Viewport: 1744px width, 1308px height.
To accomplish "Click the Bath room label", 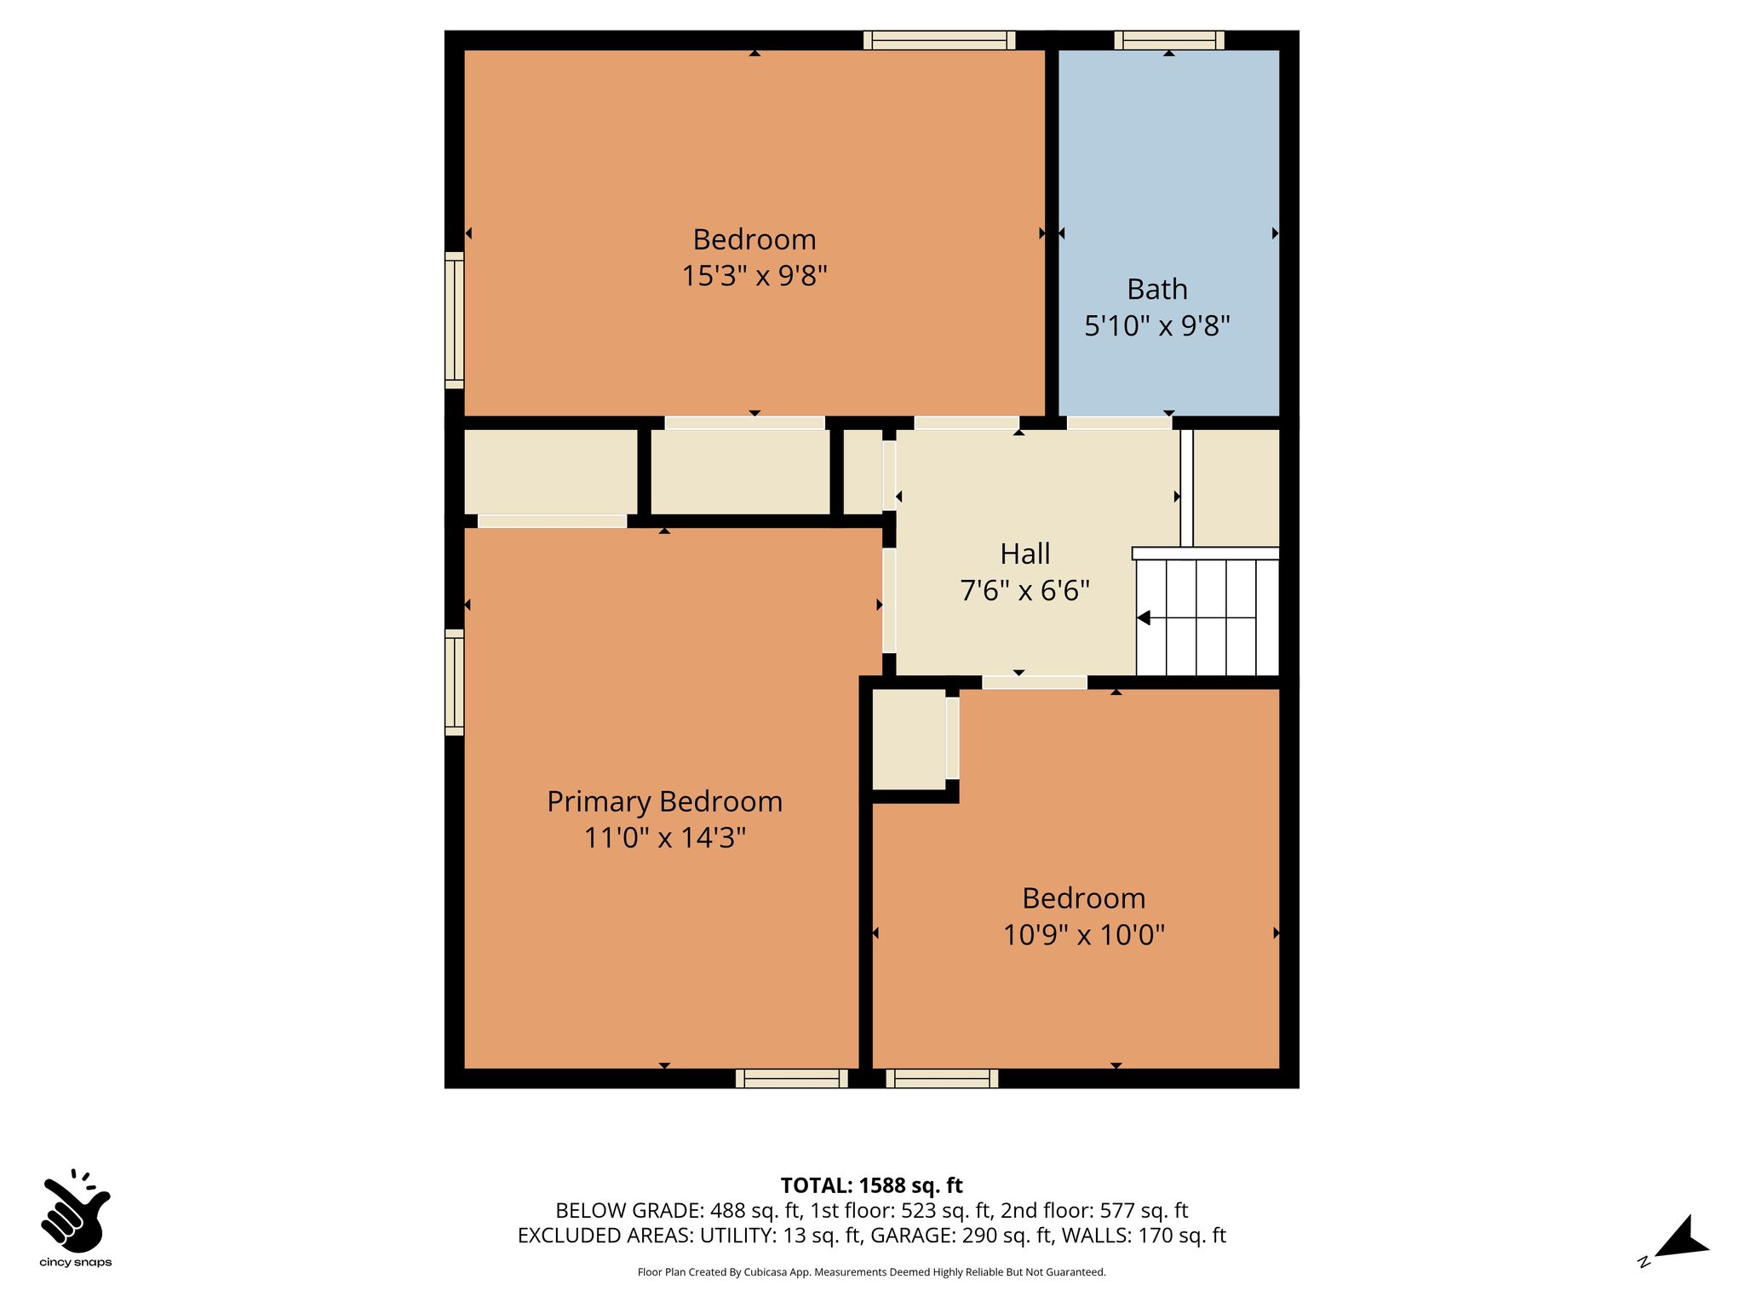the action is tap(1156, 290).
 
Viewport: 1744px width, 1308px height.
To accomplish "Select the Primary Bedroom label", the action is tap(664, 802).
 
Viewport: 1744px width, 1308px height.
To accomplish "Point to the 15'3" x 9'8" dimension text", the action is tap(754, 276).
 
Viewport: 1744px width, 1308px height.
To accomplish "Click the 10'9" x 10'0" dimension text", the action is tap(1083, 935).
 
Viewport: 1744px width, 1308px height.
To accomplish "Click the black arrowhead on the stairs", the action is tap(1144, 618).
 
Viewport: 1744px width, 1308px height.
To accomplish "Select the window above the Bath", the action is tap(1169, 40).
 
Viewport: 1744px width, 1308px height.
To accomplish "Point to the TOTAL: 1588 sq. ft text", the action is tap(871, 1185).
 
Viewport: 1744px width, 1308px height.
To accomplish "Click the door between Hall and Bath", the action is tap(1119, 422).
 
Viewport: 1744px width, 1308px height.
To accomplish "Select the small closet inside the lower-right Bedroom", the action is tap(909, 739).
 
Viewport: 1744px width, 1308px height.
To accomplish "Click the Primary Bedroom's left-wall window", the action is tap(455, 682).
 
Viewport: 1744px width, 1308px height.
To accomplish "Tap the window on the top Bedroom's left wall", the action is tap(455, 320).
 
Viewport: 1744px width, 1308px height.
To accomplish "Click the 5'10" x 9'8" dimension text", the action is tap(1156, 325).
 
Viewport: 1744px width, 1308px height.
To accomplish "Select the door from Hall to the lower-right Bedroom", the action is tap(1035, 682).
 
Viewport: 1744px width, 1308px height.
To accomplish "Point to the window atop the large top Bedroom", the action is tap(939, 40).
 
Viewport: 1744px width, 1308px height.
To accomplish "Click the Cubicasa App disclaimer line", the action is tap(871, 1272).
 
